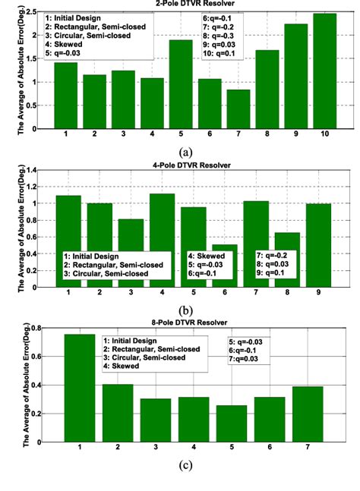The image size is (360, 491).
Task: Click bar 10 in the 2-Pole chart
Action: click(324, 72)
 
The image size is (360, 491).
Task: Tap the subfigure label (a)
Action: click(181, 150)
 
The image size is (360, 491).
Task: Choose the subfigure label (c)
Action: click(181, 478)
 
